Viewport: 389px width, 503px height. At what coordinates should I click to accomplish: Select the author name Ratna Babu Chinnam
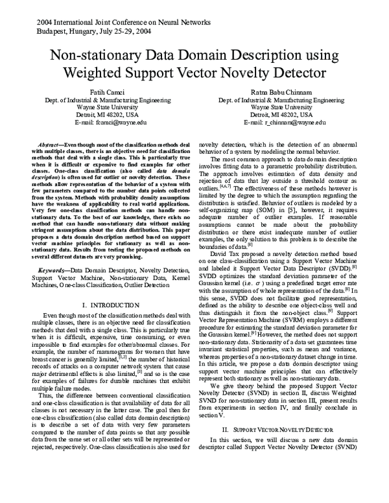(276, 93)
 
